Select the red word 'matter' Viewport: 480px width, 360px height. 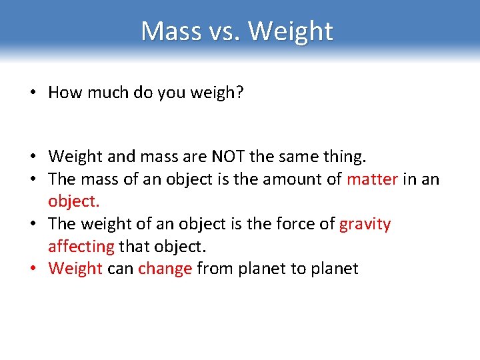tap(372, 179)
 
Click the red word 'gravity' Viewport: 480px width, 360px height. tap(365, 223)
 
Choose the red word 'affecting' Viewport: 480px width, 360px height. tap(81, 247)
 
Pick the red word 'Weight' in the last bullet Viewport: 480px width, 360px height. tap(75, 269)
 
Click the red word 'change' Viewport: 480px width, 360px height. tap(165, 269)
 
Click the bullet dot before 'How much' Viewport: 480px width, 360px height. tap(32, 93)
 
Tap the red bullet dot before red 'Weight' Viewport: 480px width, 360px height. tap(32, 269)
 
